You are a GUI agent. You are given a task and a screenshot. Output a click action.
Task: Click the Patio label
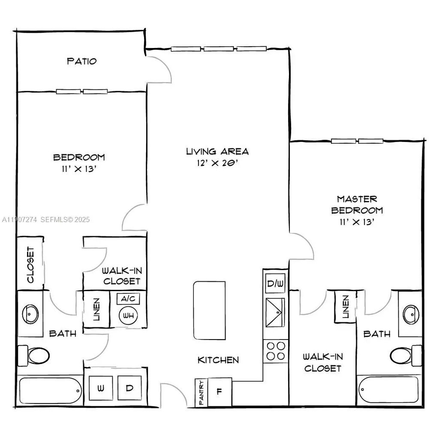[x=82, y=61]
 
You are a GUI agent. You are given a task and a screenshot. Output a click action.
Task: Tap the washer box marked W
[x=101, y=388]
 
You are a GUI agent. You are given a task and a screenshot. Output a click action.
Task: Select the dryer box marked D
[x=129, y=388]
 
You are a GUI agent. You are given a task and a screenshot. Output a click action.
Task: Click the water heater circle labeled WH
[x=128, y=316]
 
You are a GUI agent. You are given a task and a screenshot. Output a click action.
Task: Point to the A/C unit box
[x=128, y=299]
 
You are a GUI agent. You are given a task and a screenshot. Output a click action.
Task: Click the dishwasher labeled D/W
[x=275, y=283]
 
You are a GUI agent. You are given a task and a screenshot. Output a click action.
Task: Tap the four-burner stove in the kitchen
[x=276, y=351]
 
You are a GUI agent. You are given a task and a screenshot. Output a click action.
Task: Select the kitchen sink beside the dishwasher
[x=275, y=313]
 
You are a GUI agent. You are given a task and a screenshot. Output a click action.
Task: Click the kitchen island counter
[x=209, y=310]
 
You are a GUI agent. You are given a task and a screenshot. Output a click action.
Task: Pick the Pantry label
[x=201, y=392]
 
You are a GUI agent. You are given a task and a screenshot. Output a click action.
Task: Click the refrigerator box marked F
[x=219, y=391]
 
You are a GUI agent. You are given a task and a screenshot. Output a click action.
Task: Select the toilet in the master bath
[x=406, y=355]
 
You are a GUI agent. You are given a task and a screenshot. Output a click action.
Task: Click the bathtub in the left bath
[x=51, y=390]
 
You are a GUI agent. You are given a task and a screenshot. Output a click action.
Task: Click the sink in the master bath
[x=411, y=314]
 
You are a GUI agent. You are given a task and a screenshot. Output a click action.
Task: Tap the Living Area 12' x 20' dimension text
[x=217, y=163]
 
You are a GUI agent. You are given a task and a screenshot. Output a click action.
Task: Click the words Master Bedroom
[x=357, y=204]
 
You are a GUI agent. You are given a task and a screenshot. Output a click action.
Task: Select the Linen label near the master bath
[x=346, y=307]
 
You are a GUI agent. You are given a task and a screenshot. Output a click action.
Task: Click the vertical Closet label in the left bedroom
[x=30, y=265]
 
